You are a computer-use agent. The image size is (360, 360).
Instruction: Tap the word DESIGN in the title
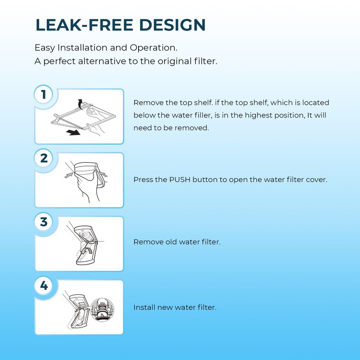click(x=172, y=25)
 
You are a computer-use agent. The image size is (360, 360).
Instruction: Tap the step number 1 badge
click(x=44, y=94)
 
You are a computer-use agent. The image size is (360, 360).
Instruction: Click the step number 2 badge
click(x=44, y=158)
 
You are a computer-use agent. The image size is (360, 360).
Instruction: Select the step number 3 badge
click(x=44, y=222)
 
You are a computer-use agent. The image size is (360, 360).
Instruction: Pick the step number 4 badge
click(x=44, y=285)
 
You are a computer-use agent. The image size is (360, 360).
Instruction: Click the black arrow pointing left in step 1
click(x=73, y=132)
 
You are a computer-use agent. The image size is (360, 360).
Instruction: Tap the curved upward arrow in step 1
click(x=80, y=104)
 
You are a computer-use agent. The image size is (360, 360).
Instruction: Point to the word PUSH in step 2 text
click(x=180, y=180)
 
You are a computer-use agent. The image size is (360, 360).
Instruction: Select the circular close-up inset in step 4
click(x=102, y=310)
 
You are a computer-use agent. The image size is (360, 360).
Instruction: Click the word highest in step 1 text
click(x=258, y=115)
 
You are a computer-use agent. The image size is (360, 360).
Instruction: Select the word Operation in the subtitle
click(x=153, y=48)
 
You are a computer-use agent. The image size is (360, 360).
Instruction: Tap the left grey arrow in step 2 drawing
click(x=68, y=175)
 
